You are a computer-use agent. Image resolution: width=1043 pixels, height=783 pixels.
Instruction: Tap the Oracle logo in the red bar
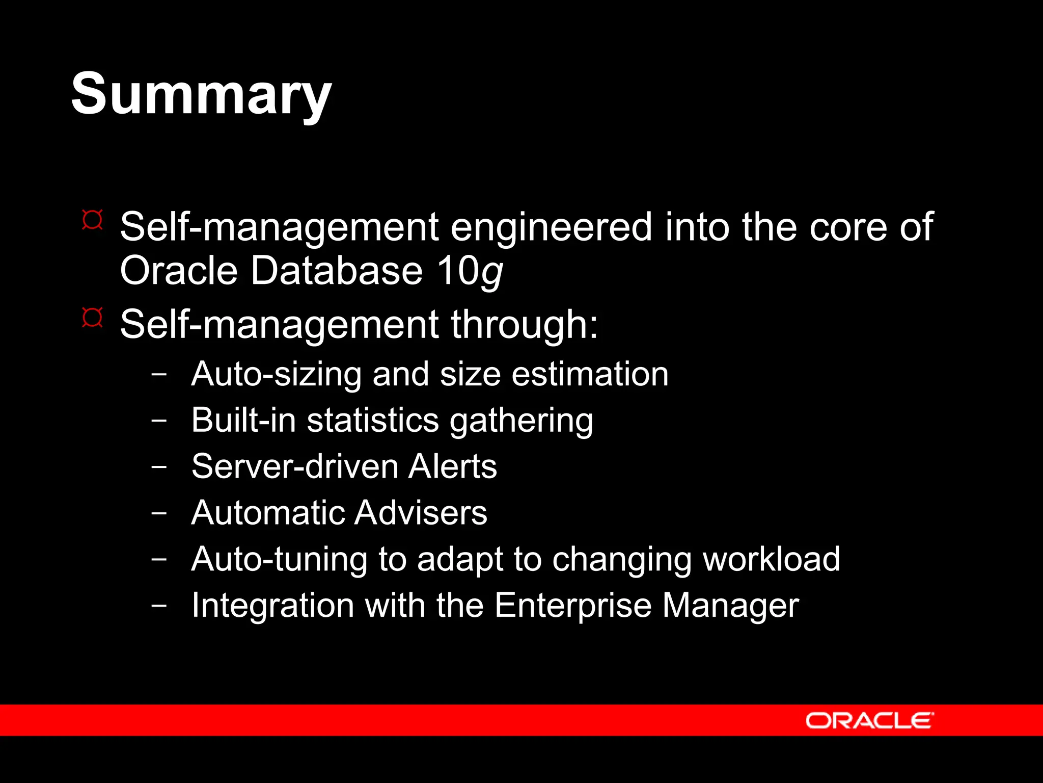(x=869, y=720)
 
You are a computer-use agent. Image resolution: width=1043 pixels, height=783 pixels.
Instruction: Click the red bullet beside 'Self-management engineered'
(x=92, y=220)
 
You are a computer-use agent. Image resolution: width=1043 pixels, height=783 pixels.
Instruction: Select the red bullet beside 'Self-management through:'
(x=92, y=318)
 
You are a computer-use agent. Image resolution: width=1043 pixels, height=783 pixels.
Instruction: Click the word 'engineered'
(x=551, y=227)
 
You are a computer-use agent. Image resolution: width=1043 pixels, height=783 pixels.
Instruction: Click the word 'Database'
(x=337, y=271)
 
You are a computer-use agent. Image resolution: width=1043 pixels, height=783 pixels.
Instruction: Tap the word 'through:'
(x=524, y=325)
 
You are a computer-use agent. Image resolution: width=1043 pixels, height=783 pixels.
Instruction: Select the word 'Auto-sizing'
(x=276, y=375)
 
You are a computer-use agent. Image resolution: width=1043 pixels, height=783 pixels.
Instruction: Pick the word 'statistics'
(x=373, y=421)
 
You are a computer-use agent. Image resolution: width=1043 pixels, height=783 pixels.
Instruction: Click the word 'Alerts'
(x=452, y=466)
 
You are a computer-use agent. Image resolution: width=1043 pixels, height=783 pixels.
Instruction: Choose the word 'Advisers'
(x=421, y=513)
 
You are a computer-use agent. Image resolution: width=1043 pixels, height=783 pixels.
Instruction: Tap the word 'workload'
(x=771, y=559)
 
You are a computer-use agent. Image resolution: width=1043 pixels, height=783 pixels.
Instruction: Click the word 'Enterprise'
(x=573, y=606)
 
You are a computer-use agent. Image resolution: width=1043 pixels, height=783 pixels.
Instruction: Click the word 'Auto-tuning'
(x=279, y=559)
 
